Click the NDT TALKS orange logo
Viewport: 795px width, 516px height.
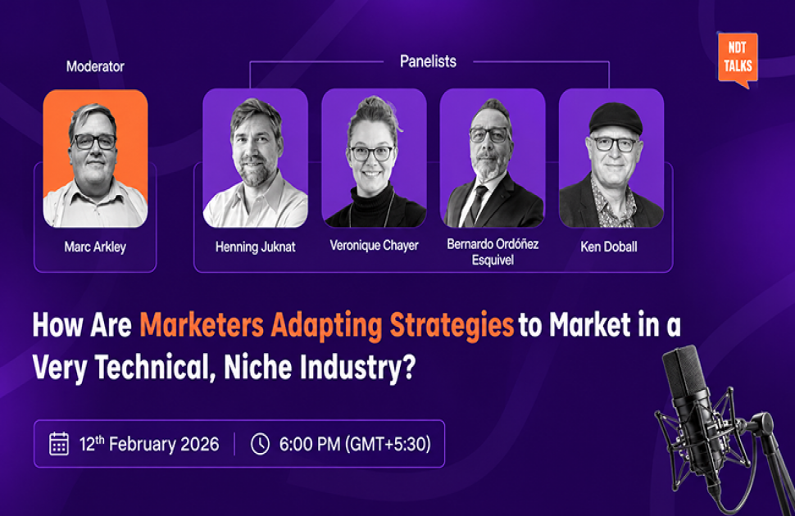click(738, 59)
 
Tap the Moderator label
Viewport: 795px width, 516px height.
click(95, 66)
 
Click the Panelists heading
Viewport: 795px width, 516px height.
click(428, 61)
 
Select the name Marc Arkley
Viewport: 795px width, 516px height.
click(95, 247)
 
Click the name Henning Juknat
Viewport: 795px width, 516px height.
click(256, 247)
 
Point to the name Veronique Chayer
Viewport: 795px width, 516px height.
click(375, 246)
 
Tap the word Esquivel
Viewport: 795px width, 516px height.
click(493, 260)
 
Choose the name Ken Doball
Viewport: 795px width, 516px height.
click(609, 247)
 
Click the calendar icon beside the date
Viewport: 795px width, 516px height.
click(59, 444)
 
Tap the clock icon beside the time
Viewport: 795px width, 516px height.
click(260, 444)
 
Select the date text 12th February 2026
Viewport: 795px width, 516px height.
click(149, 444)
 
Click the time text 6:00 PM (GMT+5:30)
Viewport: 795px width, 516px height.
click(355, 444)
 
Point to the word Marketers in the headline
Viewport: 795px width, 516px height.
click(202, 325)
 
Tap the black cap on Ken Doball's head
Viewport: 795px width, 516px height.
click(616, 119)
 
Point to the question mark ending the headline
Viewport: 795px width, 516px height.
click(409, 367)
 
